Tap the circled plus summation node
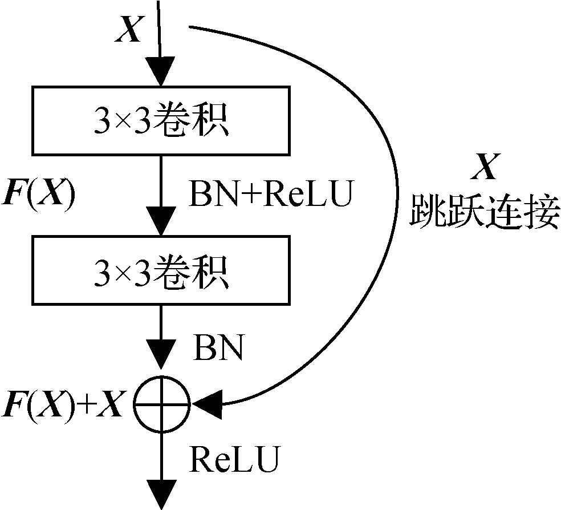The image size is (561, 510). [161, 404]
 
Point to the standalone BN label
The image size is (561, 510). [219, 347]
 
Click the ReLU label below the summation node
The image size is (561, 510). [234, 459]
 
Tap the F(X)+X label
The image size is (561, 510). [64, 404]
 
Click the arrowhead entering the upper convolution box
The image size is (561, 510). [161, 73]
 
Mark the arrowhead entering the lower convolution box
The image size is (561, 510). [161, 224]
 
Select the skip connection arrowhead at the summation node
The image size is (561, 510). [206, 404]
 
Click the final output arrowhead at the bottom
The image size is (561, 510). [161, 494]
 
